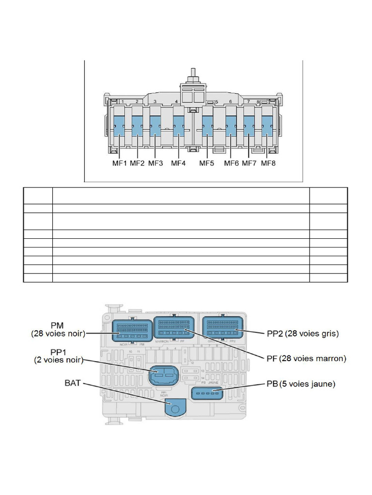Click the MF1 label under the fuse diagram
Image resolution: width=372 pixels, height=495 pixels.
click(x=119, y=163)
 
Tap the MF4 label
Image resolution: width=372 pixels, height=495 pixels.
click(x=178, y=163)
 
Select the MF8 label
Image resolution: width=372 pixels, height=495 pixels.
click(x=268, y=163)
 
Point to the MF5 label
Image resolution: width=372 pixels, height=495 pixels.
click(x=207, y=163)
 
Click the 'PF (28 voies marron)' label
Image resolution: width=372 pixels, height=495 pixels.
click(x=306, y=359)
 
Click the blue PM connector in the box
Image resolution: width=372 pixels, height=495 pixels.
click(x=130, y=330)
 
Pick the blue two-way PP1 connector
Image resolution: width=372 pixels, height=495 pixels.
click(x=163, y=375)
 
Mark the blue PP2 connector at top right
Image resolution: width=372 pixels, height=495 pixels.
click(x=221, y=328)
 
